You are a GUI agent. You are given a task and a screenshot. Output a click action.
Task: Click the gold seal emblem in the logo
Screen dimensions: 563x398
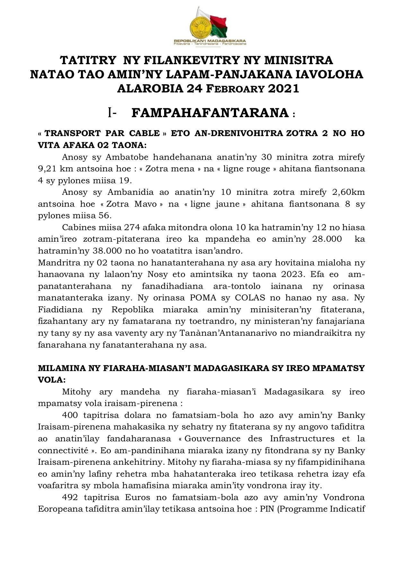pos(200,27)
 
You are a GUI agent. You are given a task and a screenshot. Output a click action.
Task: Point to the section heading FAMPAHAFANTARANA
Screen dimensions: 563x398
pos(210,113)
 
